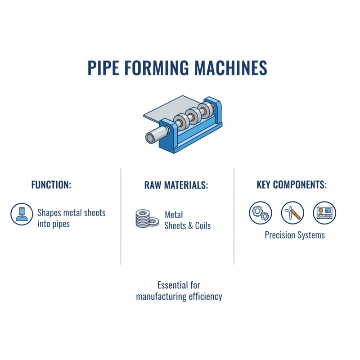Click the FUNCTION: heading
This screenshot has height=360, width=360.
[51, 185]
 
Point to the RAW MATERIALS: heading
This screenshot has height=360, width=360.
[176, 185]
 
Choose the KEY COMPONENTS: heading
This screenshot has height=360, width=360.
[292, 185]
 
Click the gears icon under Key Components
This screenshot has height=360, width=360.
[261, 213]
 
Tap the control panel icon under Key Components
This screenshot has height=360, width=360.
[324, 213]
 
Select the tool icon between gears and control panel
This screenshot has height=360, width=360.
[292, 213]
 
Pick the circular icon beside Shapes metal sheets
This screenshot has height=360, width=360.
[22, 214]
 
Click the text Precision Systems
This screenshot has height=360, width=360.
[294, 235]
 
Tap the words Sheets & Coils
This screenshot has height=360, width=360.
[188, 225]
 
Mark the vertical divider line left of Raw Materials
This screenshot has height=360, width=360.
[121, 216]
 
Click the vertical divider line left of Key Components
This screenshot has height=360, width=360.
[234, 216]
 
